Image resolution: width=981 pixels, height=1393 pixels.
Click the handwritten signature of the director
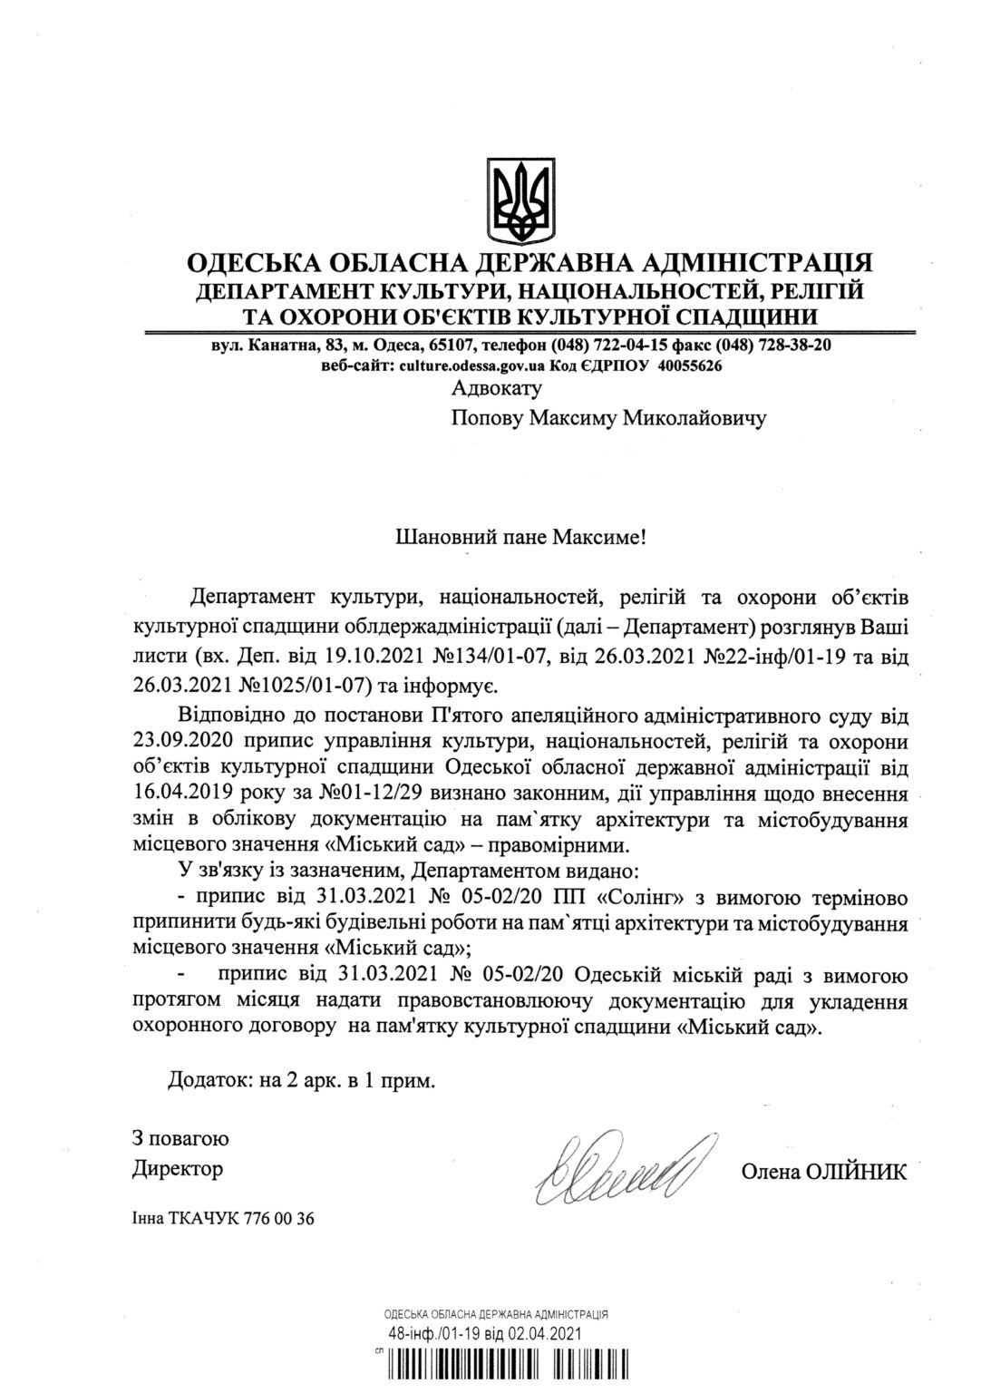(620, 1163)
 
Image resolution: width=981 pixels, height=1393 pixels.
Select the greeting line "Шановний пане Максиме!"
(522, 537)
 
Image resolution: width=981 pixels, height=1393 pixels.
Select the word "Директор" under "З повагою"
(178, 1168)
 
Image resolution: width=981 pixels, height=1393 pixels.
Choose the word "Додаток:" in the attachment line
(203, 1080)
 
